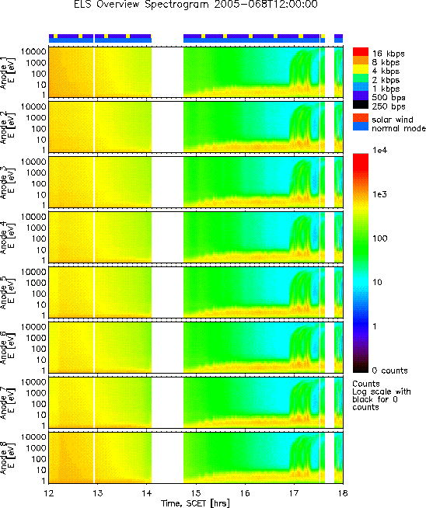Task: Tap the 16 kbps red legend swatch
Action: (x=361, y=52)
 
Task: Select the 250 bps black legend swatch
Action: (x=361, y=105)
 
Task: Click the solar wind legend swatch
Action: (x=361, y=117)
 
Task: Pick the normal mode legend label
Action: (x=399, y=128)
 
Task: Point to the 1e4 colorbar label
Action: (x=379, y=150)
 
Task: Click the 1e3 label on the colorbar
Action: (x=379, y=194)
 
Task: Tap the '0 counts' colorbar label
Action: (x=389, y=371)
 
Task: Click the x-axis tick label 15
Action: (x=196, y=492)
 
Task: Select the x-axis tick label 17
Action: (x=294, y=492)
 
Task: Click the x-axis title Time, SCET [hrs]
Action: (x=195, y=503)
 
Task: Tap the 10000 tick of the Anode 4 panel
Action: (x=33, y=217)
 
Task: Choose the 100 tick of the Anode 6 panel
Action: (x=39, y=349)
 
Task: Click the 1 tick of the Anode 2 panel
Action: (x=43, y=151)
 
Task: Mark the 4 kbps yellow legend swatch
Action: (x=361, y=69)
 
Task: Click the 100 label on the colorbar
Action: (x=379, y=238)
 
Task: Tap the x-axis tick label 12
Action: (x=49, y=492)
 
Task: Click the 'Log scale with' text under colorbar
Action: (x=382, y=391)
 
